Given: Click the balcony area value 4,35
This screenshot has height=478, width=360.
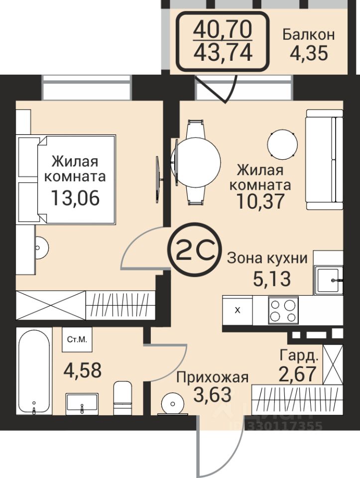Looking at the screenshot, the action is tap(309, 54).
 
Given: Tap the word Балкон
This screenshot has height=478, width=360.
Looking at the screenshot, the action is tap(309, 34).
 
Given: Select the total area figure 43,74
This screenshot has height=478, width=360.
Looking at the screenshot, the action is tap(223, 52).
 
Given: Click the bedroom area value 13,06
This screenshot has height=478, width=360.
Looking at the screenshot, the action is tap(75, 198).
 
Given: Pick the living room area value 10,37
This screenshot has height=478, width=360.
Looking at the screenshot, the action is tap(260, 201).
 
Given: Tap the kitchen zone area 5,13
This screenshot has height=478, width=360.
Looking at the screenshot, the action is tap(271, 279).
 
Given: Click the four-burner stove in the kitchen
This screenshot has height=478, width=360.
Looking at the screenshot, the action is tap(283, 310).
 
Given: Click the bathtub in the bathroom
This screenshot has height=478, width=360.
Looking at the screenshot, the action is tap(34, 371).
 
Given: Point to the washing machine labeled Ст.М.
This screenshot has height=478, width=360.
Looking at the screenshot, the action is tap(77, 340).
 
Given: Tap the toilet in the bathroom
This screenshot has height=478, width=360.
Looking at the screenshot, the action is tap(122, 398).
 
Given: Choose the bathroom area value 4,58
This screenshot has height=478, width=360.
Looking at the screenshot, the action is tap(82, 370).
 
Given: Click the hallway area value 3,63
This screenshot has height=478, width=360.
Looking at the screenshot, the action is tap(213, 394).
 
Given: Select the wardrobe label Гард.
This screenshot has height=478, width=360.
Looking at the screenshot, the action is tap(299, 356).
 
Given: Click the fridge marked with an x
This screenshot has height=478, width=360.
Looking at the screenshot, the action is tap(238, 310).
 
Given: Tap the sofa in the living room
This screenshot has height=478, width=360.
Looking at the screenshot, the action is tap(324, 160).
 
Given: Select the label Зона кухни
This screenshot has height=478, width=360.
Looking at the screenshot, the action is tap(267, 258).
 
